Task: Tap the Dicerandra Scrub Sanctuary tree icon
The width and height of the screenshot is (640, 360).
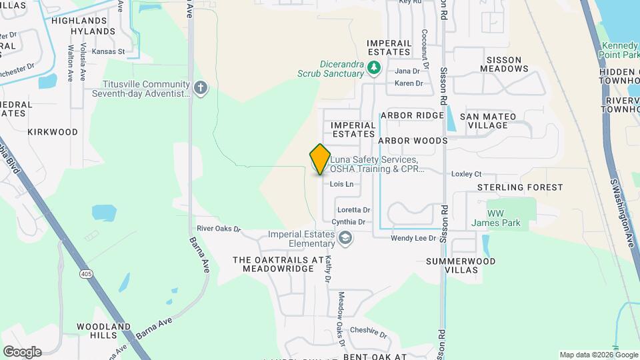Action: pyautogui.click(x=375, y=67)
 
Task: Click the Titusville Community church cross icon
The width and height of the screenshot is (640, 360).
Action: pyautogui.click(x=201, y=88)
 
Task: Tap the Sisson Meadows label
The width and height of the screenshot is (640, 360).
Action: pyautogui.click(x=507, y=64)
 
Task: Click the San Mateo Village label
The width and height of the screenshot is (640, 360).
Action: pyautogui.click(x=492, y=121)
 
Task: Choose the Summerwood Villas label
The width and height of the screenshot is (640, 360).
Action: pyautogui.click(x=461, y=265)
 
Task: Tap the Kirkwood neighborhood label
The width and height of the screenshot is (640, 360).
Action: pyautogui.click(x=53, y=132)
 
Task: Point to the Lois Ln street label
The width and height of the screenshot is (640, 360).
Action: pyautogui.click(x=341, y=184)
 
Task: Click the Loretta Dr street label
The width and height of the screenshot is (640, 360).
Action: pyautogui.click(x=353, y=210)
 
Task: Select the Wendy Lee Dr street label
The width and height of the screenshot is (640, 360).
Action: pyautogui.click(x=413, y=237)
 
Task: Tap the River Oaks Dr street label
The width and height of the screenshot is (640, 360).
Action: pyautogui.click(x=219, y=229)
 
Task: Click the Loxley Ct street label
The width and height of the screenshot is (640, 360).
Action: pyautogui.click(x=467, y=174)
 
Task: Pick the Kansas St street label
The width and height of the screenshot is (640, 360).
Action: pyautogui.click(x=108, y=51)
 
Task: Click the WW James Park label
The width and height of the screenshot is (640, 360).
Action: pyautogui.click(x=495, y=218)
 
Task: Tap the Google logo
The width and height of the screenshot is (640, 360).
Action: pyautogui.click(x=22, y=351)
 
